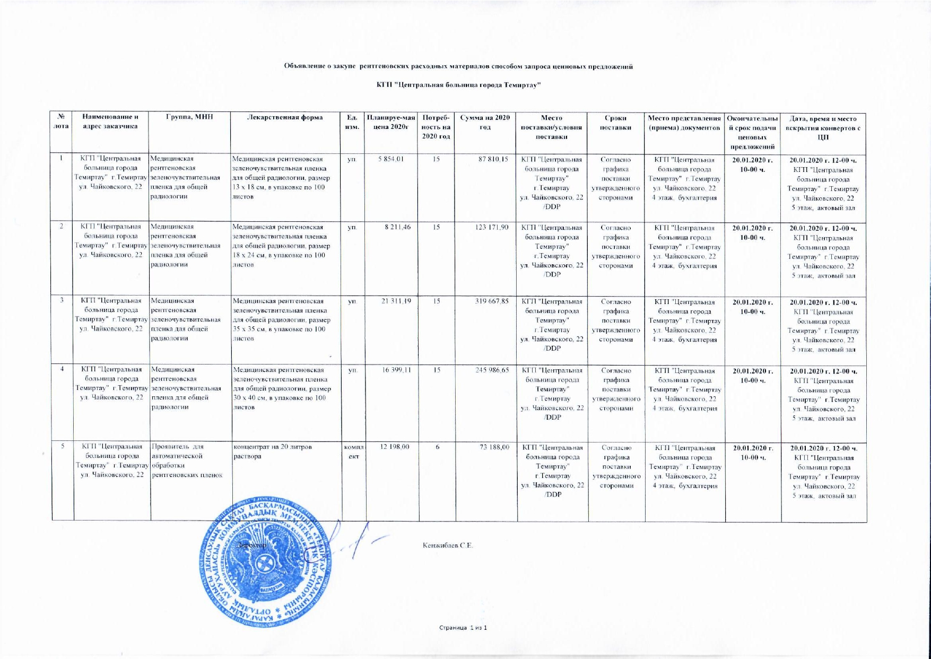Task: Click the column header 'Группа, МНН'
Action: tap(189, 117)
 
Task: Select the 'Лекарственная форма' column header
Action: tap(286, 117)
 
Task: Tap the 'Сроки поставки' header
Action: tap(615, 122)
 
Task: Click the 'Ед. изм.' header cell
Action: tap(352, 122)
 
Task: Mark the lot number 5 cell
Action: tap(62, 447)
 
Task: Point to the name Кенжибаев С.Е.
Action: tap(447, 545)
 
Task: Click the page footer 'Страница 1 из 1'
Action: tap(463, 628)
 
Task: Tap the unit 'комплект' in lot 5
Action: tap(352, 452)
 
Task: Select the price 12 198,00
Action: tap(395, 447)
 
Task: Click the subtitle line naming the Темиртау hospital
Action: tap(458, 85)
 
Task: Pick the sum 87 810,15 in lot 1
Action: tap(493, 159)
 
